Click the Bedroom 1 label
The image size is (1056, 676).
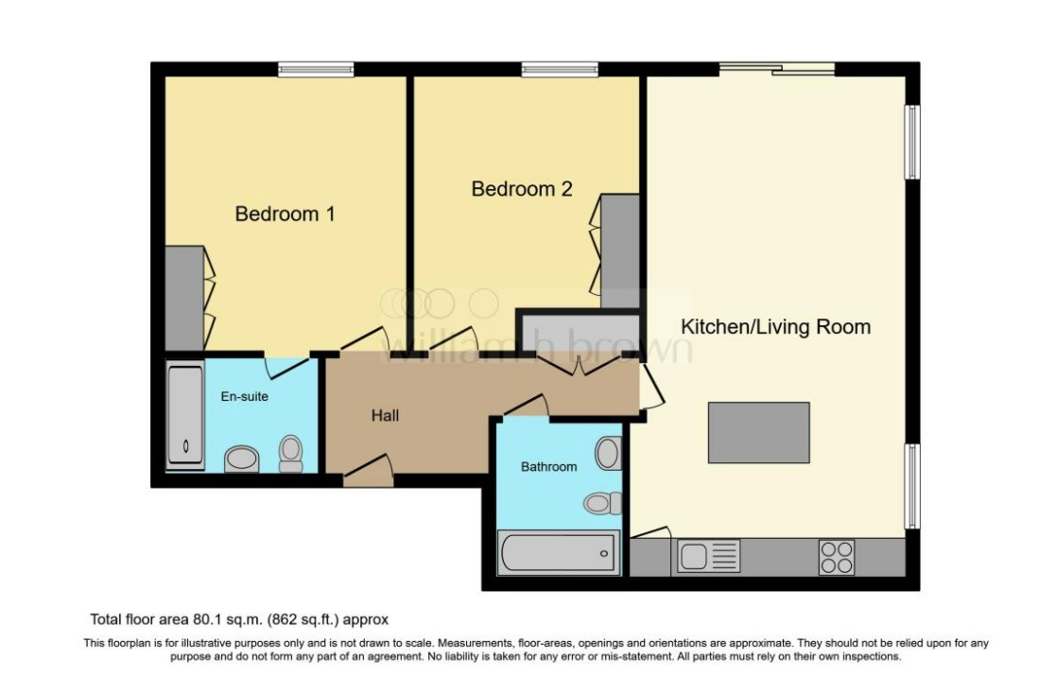coord(285,214)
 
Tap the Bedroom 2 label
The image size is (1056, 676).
coord(522,189)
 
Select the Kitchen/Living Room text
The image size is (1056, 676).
coord(775,327)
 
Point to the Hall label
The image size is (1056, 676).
coord(385,415)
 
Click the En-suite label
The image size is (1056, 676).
coord(245,396)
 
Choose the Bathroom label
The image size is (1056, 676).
coord(548,466)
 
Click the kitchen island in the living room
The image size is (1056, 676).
coord(758,432)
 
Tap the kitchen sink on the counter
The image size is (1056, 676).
coord(708,557)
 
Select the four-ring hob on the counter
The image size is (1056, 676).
coord(836,557)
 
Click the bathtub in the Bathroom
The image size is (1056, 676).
coord(558,553)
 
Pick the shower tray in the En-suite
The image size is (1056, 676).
coord(185,416)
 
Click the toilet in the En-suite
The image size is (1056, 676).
coord(291,454)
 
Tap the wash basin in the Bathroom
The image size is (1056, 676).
coord(608,453)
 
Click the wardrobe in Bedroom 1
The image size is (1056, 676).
coord(184,298)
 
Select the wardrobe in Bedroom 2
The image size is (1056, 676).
coord(620,251)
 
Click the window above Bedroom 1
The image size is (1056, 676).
coord(316,69)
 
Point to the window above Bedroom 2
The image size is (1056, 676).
coord(560,69)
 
